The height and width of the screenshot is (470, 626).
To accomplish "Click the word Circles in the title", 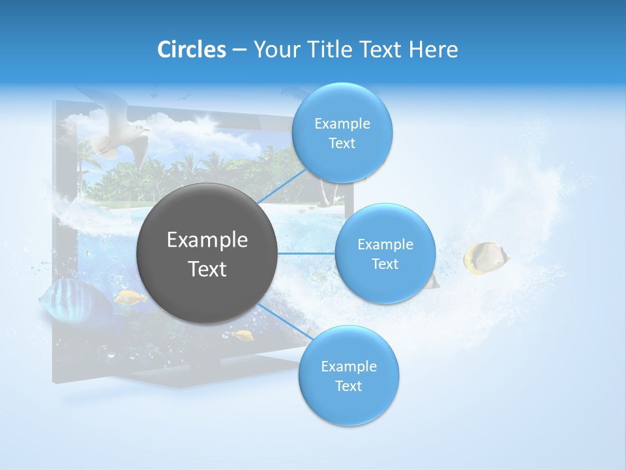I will [x=191, y=50].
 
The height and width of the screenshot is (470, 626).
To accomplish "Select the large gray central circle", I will [x=207, y=253].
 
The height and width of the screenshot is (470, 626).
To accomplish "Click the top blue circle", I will [x=342, y=133].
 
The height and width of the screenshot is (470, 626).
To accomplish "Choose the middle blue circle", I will [x=385, y=253].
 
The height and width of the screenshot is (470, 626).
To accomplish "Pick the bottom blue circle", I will [x=348, y=375].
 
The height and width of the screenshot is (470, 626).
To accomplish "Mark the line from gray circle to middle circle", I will [x=306, y=253].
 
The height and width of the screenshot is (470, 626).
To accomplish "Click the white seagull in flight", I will [x=117, y=134].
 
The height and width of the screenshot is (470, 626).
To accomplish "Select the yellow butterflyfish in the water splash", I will [x=484, y=258].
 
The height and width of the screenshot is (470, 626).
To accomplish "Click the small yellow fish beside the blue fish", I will [x=131, y=298].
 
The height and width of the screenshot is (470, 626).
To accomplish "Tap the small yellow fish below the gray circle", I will [x=243, y=336].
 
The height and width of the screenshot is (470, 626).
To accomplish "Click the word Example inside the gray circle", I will [x=207, y=240].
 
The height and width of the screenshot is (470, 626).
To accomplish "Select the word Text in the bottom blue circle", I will [x=348, y=386].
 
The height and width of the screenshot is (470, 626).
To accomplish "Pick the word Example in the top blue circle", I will [x=342, y=123].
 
